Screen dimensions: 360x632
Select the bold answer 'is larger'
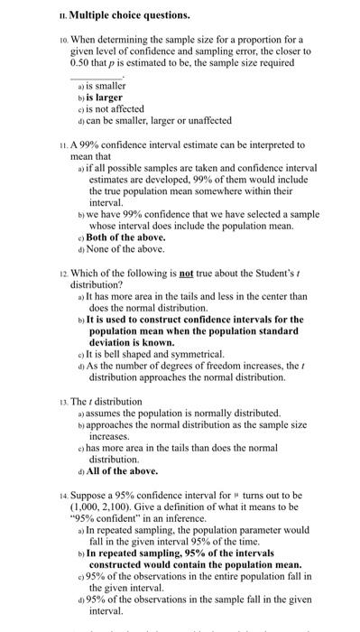[105, 97]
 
